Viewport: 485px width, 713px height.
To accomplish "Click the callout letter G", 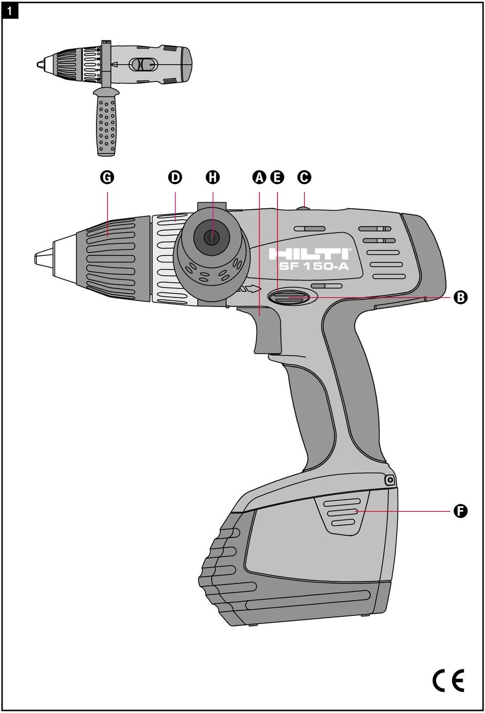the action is point(107,177).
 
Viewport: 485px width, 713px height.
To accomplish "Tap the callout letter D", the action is point(175,177).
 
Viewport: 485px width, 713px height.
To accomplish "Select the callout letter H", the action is point(213,177).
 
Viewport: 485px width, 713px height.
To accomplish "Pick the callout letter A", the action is point(260,177).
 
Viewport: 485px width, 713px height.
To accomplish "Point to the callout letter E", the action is point(277,177).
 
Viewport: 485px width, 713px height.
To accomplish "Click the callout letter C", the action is point(304,177).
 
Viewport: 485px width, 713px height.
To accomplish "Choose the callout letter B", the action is point(460,297).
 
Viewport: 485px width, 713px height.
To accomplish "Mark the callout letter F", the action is point(460,511).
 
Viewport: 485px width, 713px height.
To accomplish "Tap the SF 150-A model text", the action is point(314,266).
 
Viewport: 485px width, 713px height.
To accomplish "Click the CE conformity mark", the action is point(448,680).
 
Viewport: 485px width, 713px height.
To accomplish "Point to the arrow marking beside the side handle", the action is point(250,289).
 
